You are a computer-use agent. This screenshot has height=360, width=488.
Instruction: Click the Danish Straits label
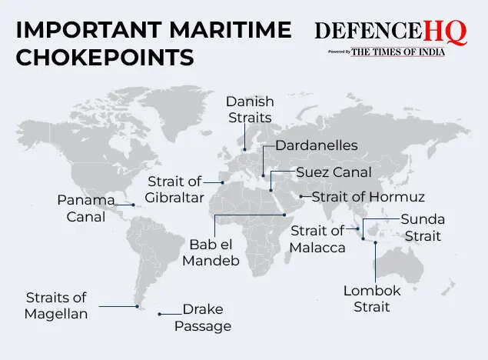(x=249, y=110)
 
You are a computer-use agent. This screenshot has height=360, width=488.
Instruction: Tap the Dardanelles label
(x=317, y=145)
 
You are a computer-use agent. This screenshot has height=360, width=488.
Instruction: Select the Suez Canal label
(x=334, y=172)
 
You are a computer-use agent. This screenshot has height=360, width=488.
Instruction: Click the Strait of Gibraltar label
(x=176, y=190)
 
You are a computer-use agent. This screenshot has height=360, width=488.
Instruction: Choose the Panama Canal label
(x=85, y=208)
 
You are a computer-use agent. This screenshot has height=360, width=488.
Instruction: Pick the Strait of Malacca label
(x=317, y=238)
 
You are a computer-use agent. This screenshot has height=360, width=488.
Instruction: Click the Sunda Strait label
(x=423, y=228)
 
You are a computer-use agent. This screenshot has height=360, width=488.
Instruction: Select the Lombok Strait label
(x=372, y=298)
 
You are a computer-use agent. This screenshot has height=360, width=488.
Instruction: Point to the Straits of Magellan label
(x=56, y=305)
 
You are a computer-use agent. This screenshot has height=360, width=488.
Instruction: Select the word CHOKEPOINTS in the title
(x=105, y=57)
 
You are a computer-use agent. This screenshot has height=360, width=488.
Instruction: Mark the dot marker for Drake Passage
(x=160, y=314)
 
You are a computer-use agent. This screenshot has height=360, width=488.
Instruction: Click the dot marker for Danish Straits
(x=244, y=149)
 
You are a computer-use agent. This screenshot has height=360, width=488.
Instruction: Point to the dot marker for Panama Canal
(x=133, y=205)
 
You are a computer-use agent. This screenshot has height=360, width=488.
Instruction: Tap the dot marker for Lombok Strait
(x=375, y=243)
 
